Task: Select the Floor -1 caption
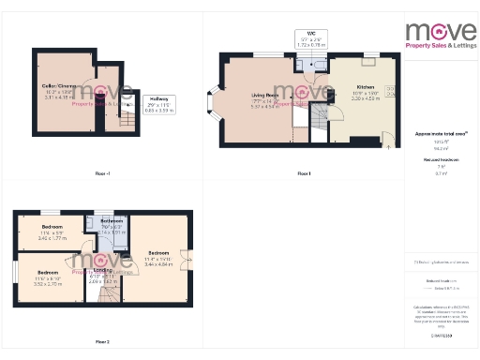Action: (x=103, y=173)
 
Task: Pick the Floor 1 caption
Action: (x=304, y=173)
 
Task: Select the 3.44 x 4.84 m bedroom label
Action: (x=157, y=257)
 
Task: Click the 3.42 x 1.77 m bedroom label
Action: (x=51, y=233)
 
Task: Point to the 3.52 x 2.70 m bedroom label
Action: (x=47, y=280)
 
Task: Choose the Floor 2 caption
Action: (x=102, y=342)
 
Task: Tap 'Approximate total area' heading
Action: (x=433, y=134)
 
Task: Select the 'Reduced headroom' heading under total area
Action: (x=434, y=160)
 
